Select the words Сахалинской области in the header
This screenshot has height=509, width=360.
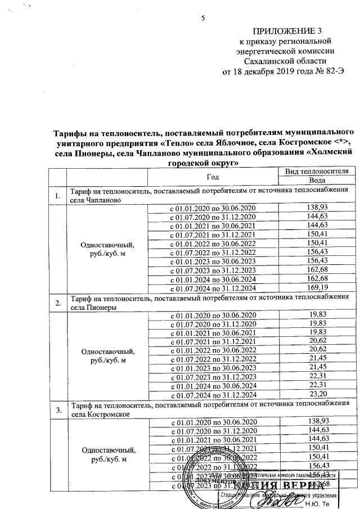click(281, 61)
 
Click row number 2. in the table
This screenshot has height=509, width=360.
click(56, 304)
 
